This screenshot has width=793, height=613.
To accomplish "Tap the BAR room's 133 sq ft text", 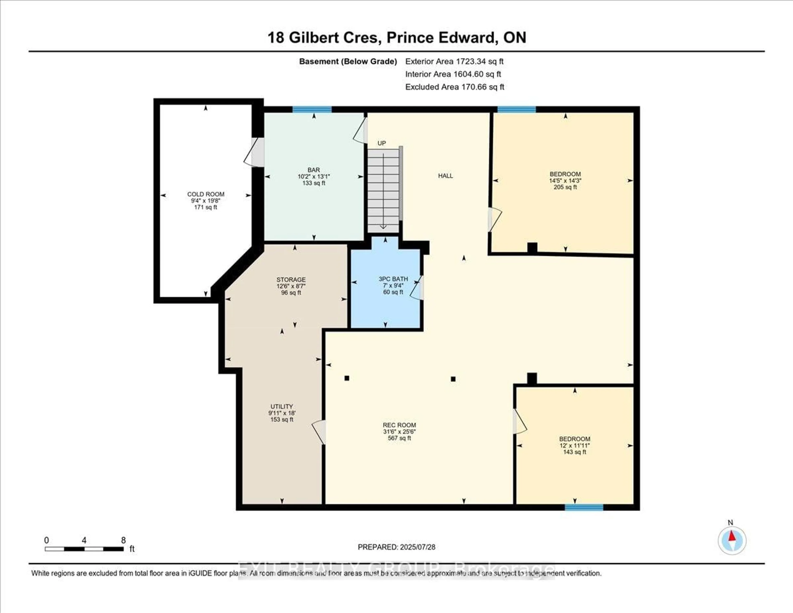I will tap(314, 183).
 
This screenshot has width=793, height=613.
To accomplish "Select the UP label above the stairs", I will tap(381, 143).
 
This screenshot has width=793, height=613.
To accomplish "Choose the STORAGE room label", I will tap(291, 279).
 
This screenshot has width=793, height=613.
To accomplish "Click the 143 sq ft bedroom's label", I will tap(575, 439).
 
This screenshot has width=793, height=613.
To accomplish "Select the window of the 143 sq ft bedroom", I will tap(584, 507).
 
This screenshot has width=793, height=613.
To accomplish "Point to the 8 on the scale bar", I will tap(123, 540).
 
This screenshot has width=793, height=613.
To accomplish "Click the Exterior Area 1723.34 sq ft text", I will tap(454, 61).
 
